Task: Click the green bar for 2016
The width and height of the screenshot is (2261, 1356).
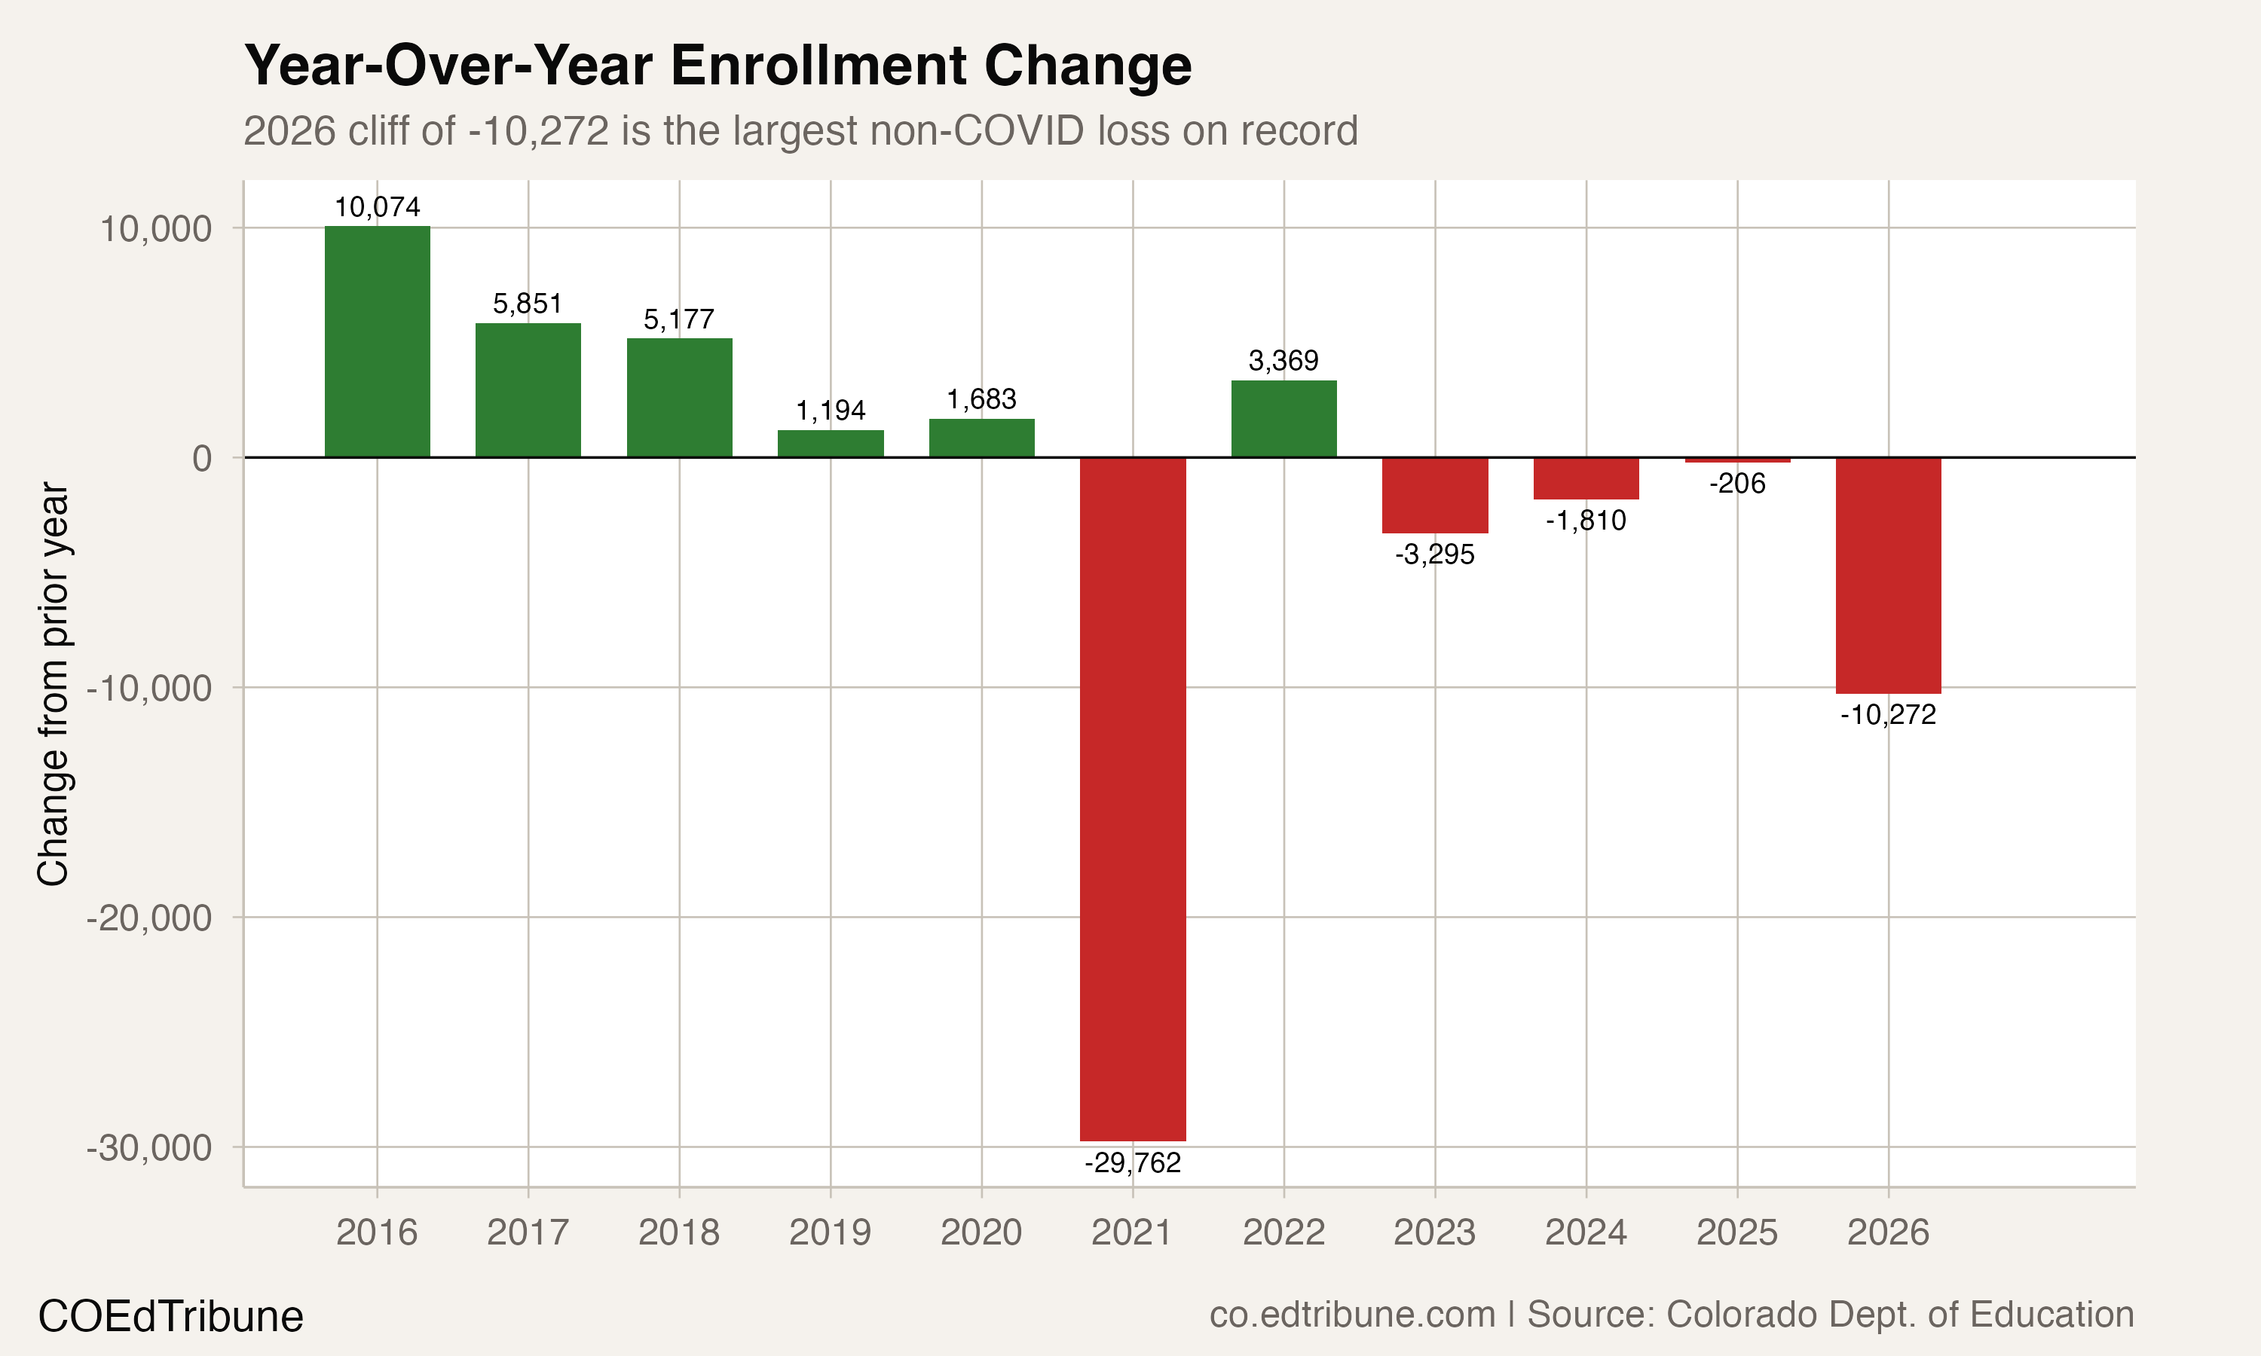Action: tap(377, 342)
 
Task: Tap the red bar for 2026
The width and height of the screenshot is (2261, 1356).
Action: tap(1888, 576)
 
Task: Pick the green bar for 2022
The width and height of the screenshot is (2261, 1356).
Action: tap(1283, 419)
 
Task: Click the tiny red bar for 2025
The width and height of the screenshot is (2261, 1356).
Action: tap(1737, 460)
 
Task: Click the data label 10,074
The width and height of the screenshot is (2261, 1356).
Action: tap(377, 207)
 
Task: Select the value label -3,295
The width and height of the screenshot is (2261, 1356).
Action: tap(1434, 554)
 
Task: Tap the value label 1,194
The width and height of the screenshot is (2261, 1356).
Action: tap(830, 411)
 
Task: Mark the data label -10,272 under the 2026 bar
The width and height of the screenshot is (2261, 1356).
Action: tap(1888, 715)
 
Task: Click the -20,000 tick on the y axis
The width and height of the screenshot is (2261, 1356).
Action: tap(149, 918)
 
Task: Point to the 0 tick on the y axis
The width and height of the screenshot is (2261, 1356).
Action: tap(202, 458)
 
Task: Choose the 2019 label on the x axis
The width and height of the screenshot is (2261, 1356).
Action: tap(830, 1232)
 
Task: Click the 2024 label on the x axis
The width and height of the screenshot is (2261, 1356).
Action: tap(1586, 1232)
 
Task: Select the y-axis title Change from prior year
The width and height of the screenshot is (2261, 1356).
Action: tap(53, 684)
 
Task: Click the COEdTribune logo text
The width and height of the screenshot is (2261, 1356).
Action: tap(170, 1317)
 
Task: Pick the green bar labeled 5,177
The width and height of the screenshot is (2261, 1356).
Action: tap(679, 398)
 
